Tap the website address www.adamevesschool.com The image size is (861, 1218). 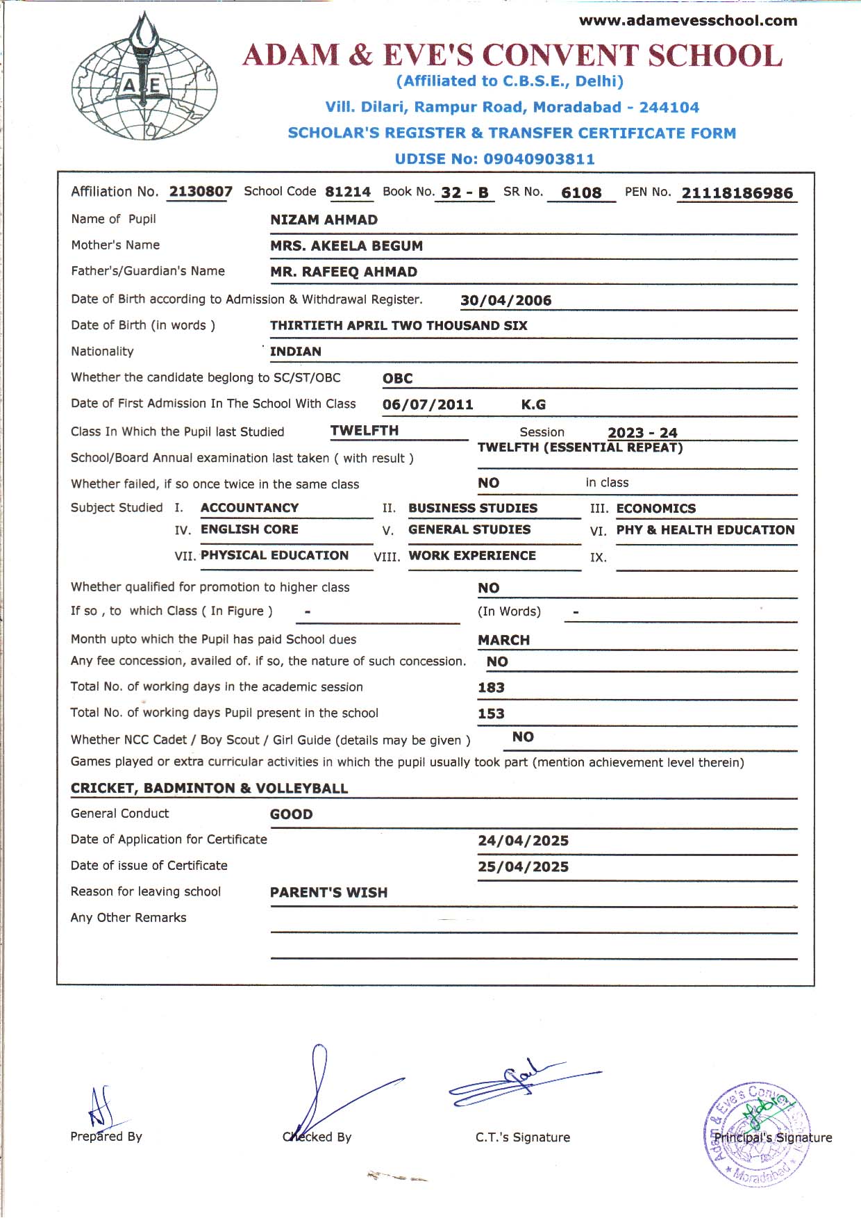(x=688, y=21)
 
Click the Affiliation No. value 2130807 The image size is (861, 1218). (x=201, y=192)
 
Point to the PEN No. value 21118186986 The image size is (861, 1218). (x=737, y=193)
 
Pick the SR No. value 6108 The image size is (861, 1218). (x=581, y=193)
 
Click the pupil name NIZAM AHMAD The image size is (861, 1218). (x=324, y=220)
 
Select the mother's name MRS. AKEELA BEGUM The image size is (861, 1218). (x=346, y=246)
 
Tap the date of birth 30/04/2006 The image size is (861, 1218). (x=505, y=301)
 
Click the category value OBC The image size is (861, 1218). (x=397, y=379)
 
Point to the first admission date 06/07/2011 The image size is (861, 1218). (x=428, y=404)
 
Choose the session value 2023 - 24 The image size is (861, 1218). (x=642, y=433)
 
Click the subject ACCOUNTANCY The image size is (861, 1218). (x=249, y=508)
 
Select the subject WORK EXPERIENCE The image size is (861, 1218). (x=472, y=556)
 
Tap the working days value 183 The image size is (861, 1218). (x=491, y=688)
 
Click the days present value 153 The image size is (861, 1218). (x=491, y=714)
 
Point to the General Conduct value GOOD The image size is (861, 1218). (x=291, y=814)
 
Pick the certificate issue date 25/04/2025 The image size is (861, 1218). (x=523, y=867)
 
